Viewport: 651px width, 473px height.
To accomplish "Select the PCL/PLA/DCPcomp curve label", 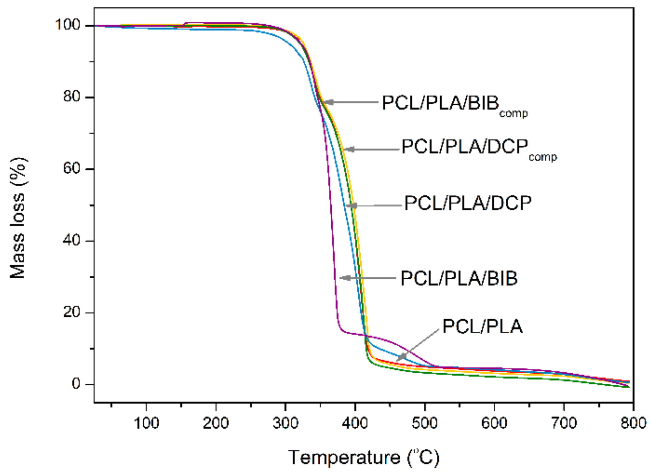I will pos(479,148).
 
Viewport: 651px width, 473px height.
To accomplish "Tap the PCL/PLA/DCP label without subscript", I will pos(468,203).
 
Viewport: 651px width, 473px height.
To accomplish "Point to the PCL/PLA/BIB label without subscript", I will pos(459,278).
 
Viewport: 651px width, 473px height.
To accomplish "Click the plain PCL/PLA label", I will pos(482,326).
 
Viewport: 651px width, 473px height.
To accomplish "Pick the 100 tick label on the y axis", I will pos(67,25).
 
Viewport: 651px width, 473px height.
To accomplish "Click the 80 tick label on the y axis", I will pos(72,97).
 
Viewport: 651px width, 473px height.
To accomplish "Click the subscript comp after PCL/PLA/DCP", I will pos(543,157).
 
